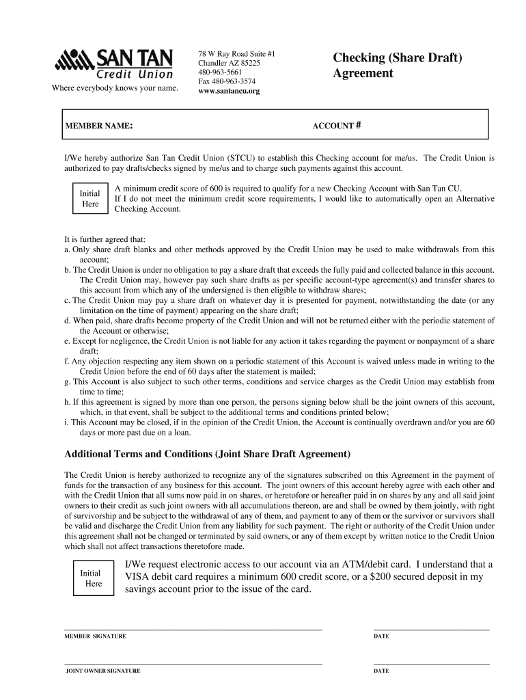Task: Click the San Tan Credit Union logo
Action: tap(113, 64)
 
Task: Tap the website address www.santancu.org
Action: tap(229, 91)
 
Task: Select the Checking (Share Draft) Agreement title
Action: tap(398, 65)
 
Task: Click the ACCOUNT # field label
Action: tap(336, 126)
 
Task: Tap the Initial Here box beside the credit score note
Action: tap(90, 198)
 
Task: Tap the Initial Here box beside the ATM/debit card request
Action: tap(90, 578)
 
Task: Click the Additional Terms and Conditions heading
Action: tap(207, 455)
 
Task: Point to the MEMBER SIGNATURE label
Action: tap(95, 636)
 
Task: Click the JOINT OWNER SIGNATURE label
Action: tap(102, 671)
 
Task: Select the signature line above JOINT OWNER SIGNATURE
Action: tap(193, 664)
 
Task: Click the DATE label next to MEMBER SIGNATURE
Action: tap(381, 636)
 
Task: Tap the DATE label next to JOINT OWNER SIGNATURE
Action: tap(381, 671)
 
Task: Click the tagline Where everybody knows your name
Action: tap(114, 88)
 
